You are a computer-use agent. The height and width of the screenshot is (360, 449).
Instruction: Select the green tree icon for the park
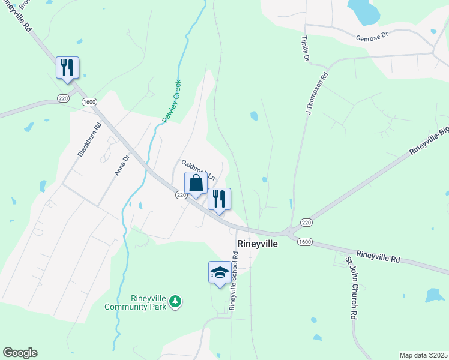pos(175,300)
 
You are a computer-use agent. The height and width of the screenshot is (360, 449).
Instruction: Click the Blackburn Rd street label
pos(89,140)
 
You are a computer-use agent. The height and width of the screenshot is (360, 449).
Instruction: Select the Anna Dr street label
pos(122,166)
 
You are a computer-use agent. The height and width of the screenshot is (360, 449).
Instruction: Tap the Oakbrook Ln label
pos(198,170)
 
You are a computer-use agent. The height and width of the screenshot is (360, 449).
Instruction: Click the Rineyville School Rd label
pos(234,281)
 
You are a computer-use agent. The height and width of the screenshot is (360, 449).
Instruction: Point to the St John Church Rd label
pos(351,289)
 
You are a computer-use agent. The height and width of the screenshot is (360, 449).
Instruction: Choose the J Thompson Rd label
pos(316,94)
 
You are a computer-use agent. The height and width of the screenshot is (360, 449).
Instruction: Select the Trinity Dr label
pos(304,48)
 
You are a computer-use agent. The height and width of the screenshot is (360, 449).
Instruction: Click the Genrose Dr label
pos(372,35)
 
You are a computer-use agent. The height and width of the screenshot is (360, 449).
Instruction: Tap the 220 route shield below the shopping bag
pos(181,195)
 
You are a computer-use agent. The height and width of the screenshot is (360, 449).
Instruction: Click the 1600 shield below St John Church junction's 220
pos(304,241)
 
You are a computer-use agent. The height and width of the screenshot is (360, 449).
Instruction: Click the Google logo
pos(20,353)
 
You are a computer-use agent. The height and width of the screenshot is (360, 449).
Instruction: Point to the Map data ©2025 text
pos(423,355)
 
